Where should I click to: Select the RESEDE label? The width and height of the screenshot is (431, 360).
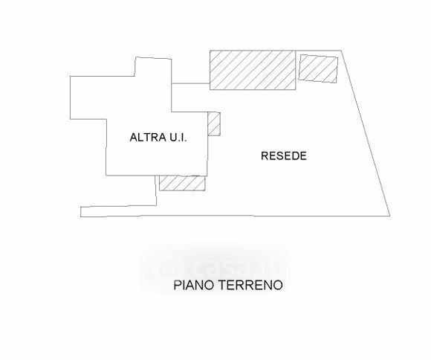tap(284, 155)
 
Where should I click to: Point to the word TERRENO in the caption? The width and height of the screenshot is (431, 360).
tap(250, 285)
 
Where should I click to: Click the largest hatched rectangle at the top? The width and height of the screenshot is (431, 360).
tap(253, 70)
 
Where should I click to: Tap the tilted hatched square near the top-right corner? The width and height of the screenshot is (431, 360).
tap(318, 68)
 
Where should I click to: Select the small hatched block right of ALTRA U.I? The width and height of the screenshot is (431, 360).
tap(214, 123)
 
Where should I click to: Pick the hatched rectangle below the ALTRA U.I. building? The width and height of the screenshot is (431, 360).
tap(182, 183)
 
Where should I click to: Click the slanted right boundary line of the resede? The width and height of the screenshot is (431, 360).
tap(366, 133)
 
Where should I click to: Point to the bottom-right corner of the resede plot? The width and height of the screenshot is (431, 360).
tap(390, 216)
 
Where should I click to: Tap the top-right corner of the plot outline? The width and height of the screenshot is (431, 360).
tap(341, 51)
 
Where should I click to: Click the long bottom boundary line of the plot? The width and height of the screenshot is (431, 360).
tap(236, 216)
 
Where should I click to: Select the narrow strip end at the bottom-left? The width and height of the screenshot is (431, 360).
tap(81, 212)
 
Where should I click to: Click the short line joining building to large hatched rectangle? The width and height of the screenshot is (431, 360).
tap(191, 83)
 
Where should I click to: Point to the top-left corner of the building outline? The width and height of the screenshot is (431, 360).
tap(71, 76)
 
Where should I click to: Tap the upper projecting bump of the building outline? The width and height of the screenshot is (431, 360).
tap(153, 67)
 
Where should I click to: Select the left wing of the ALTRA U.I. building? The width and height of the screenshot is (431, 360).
tap(88, 97)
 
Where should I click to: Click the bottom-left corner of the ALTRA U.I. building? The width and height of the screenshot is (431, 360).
tap(106, 176)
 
